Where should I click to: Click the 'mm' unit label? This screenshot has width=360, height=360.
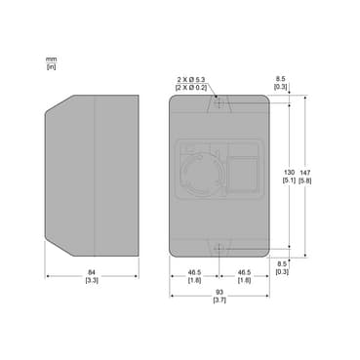pos(51,60)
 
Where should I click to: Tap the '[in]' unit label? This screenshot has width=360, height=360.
pos(52,66)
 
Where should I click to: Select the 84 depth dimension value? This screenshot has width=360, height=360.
pos(92,272)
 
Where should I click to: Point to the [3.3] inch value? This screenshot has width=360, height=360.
pos(92,280)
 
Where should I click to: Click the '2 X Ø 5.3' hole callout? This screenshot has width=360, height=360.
pos(191,79)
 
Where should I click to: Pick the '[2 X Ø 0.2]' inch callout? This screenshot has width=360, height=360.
pos(191,87)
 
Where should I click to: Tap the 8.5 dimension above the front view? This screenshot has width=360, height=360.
pos(282,79)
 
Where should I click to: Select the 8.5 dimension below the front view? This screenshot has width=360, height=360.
pos(282,264)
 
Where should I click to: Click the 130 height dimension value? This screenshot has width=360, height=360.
pos(289,172)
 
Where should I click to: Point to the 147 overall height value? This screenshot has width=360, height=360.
pos(304,173)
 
